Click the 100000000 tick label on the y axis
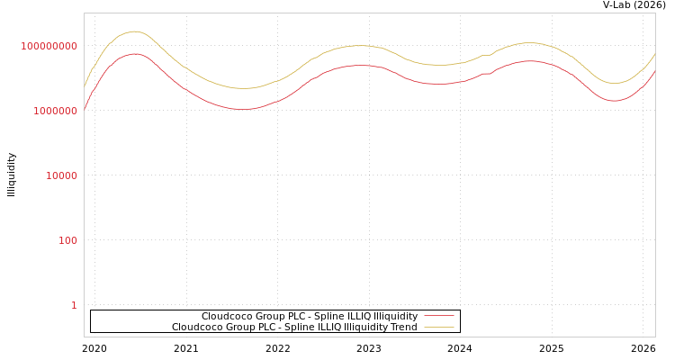pos(49,46)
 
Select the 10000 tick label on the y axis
pos(61,175)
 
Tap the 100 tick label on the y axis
pos(67,240)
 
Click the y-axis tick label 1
pos(74,305)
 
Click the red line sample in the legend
pos(438,316)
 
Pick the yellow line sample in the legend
pos(438,327)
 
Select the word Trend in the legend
pos(402,327)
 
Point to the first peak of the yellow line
pos(135,31)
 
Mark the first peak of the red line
pos(135,54)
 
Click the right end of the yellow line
pos(654,54)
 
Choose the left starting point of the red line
pos(85,110)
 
